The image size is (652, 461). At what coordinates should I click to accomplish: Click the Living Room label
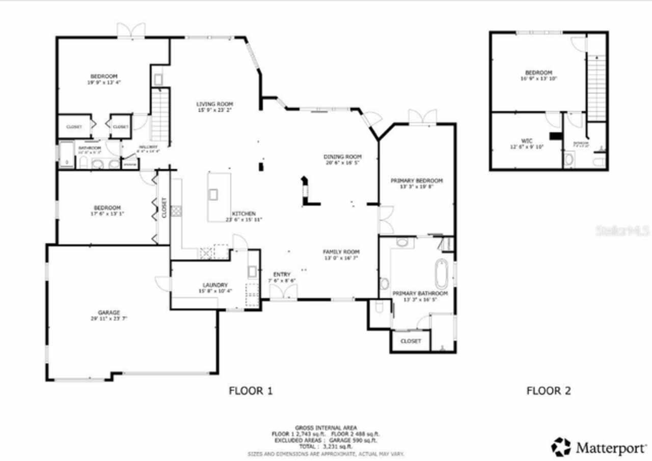coord(214,104)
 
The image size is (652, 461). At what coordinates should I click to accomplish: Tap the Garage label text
coord(109,312)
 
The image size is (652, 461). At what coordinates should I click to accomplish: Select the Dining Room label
coord(343,157)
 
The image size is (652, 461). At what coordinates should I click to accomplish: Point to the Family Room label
coord(341,252)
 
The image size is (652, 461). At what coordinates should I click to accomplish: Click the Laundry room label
coord(215,285)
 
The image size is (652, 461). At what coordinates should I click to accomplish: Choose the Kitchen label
coord(243,214)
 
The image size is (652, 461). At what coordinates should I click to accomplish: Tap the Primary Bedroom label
coord(416,181)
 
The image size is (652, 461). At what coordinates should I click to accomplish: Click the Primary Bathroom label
coord(420,294)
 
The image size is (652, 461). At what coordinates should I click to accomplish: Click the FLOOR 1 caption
coord(251,391)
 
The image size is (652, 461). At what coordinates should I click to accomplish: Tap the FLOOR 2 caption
coord(549,391)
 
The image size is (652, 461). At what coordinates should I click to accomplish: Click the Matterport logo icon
coord(561,447)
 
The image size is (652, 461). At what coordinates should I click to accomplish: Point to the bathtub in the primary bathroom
coord(441,274)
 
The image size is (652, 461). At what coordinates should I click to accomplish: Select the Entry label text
coord(282,274)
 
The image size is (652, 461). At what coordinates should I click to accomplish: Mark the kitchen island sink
coord(213,194)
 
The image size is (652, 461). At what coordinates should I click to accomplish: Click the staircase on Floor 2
coord(596,87)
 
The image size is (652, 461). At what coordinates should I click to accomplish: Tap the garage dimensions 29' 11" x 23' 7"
coord(109,319)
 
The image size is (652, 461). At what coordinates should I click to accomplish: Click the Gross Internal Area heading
coord(326,427)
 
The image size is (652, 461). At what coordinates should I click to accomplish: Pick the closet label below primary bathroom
coord(411,341)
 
